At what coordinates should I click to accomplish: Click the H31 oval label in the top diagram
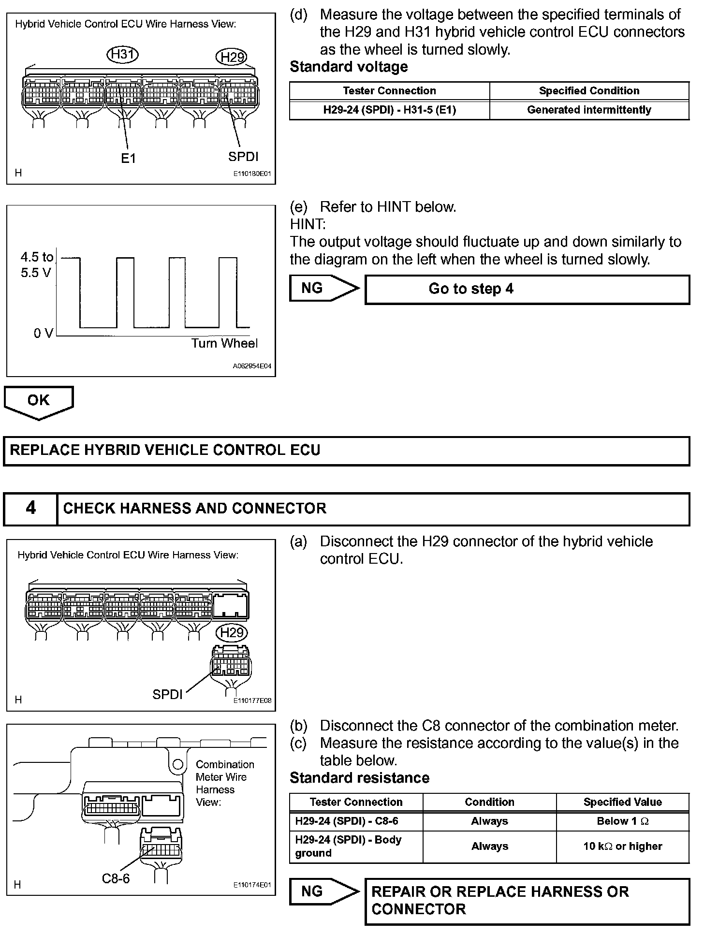pos(122,54)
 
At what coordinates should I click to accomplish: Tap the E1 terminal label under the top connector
pos(128,158)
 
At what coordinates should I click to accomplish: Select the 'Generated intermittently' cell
pos(589,110)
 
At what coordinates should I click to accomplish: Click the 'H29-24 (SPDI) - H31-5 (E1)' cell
pos(389,110)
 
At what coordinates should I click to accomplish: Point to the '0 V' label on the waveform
pos(43,333)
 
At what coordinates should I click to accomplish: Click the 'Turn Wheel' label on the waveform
pos(224,343)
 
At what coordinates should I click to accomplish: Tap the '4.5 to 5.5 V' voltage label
pos(37,265)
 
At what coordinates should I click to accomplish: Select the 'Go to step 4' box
pos(527,289)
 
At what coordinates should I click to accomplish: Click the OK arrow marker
pos(39,401)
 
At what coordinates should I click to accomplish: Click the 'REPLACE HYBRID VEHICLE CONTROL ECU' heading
pos(165,451)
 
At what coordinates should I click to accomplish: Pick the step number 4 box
pos(30,508)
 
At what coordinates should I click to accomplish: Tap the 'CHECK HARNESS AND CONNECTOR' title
pos(194,509)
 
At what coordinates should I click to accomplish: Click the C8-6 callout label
pos(116,878)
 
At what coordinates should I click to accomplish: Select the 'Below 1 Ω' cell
pos(622,821)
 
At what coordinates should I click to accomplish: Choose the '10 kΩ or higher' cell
pos(622,846)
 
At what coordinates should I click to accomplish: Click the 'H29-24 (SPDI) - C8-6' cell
pos(347,821)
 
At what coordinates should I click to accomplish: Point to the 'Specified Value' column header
pos(622,802)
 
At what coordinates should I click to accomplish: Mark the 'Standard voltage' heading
pos(349,67)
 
